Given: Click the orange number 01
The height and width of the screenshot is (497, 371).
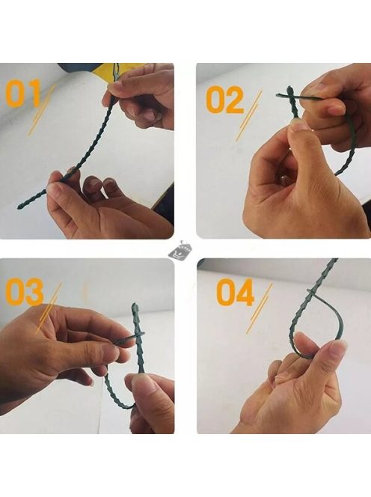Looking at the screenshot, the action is tap(23, 94).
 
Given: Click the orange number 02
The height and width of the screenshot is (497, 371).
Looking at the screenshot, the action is tap(225, 100).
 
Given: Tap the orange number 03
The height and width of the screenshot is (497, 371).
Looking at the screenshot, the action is tap(25, 292).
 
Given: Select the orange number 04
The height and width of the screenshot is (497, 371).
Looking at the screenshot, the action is tap(236, 292).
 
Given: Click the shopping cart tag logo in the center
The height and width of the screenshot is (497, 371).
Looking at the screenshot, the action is tap(177, 249).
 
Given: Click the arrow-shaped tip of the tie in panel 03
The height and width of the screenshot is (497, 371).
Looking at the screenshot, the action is tap(135, 308).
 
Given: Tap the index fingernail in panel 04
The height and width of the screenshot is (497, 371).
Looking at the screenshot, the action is tap(337, 350).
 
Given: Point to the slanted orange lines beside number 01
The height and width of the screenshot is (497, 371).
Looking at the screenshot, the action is tap(42, 110).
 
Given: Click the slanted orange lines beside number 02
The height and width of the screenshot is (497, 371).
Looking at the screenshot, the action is tap(249, 116).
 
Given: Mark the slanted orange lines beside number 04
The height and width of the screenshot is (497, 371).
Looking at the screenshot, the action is tap(260, 308).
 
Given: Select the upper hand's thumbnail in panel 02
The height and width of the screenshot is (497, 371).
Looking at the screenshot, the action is tap(337, 110).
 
